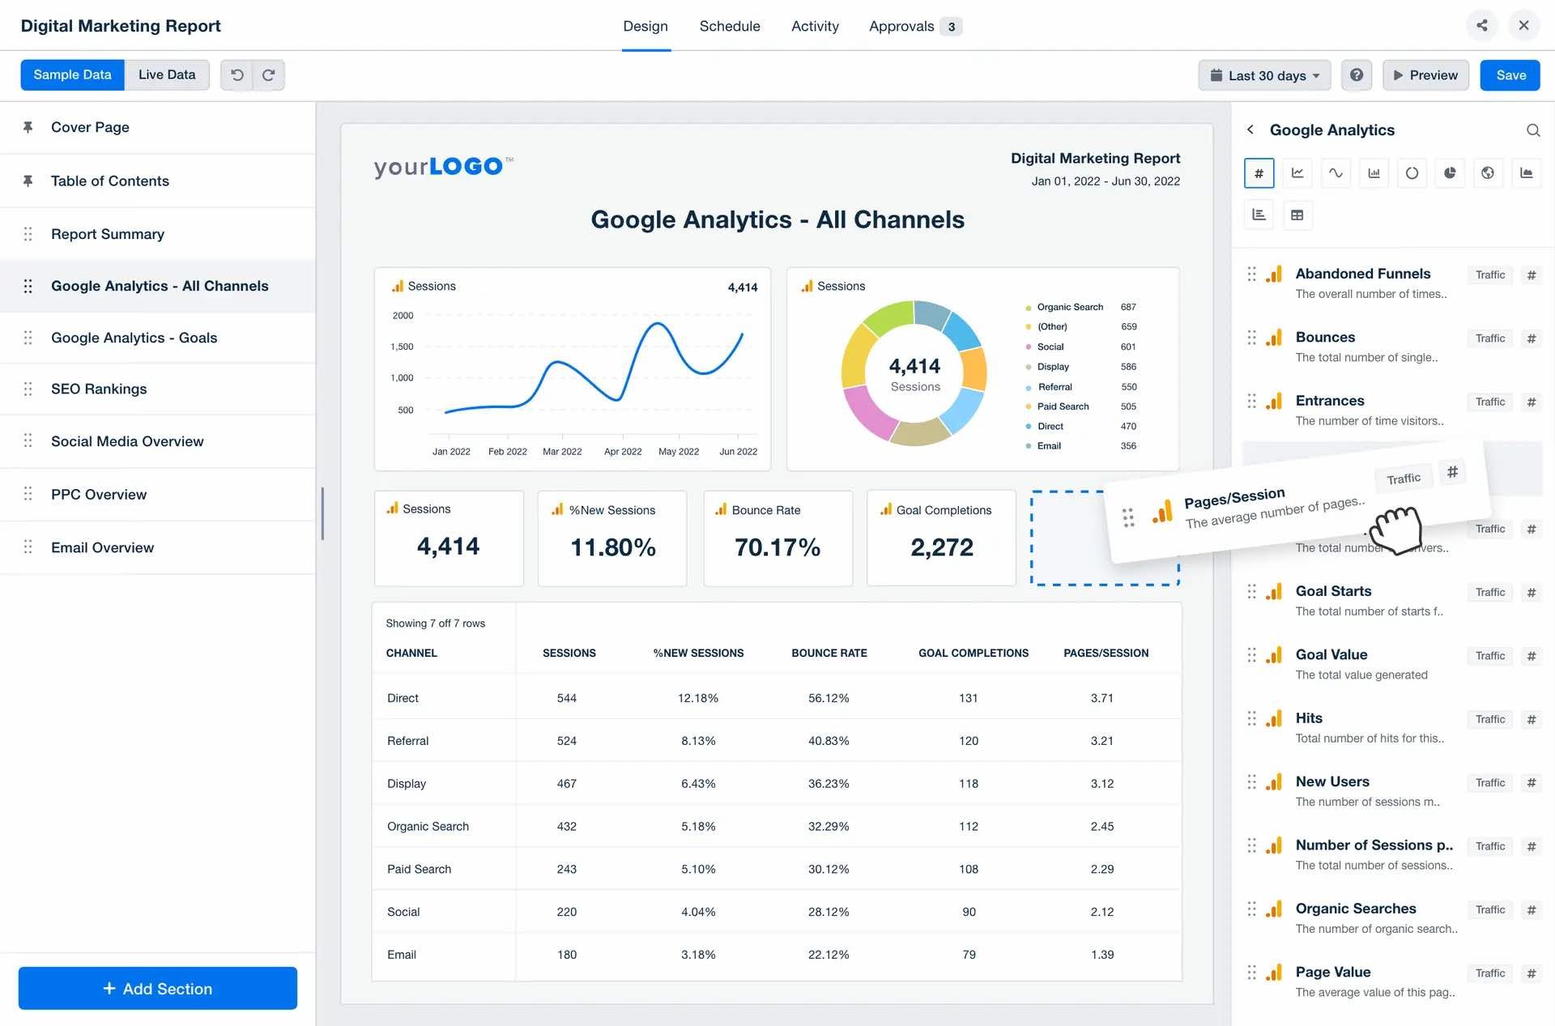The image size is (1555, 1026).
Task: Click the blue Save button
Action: click(1510, 75)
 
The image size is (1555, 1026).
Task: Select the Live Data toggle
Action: click(167, 75)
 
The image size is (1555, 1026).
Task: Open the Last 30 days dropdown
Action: click(1264, 75)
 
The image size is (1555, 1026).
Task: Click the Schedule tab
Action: click(729, 26)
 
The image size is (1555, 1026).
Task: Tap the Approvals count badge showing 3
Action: click(951, 27)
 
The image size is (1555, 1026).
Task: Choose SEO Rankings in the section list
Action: click(99, 389)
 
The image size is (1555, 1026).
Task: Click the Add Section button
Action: click(158, 988)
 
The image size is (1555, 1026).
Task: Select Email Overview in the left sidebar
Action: click(102, 547)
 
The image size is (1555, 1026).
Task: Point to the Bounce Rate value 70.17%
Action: click(777, 547)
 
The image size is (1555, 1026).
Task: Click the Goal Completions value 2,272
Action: click(941, 547)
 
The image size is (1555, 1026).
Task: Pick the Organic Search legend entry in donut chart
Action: click(1069, 307)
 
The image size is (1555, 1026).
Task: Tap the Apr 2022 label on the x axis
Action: click(622, 451)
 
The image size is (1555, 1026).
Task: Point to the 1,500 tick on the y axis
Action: click(402, 347)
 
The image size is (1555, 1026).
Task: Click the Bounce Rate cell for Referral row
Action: click(828, 741)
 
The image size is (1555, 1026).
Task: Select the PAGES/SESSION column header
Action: click(1106, 653)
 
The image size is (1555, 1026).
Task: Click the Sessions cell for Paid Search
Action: click(566, 869)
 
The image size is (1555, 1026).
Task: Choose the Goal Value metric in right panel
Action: click(1331, 654)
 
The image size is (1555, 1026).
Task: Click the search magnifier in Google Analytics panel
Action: click(1532, 130)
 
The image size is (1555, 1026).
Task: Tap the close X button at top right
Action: click(1523, 25)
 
